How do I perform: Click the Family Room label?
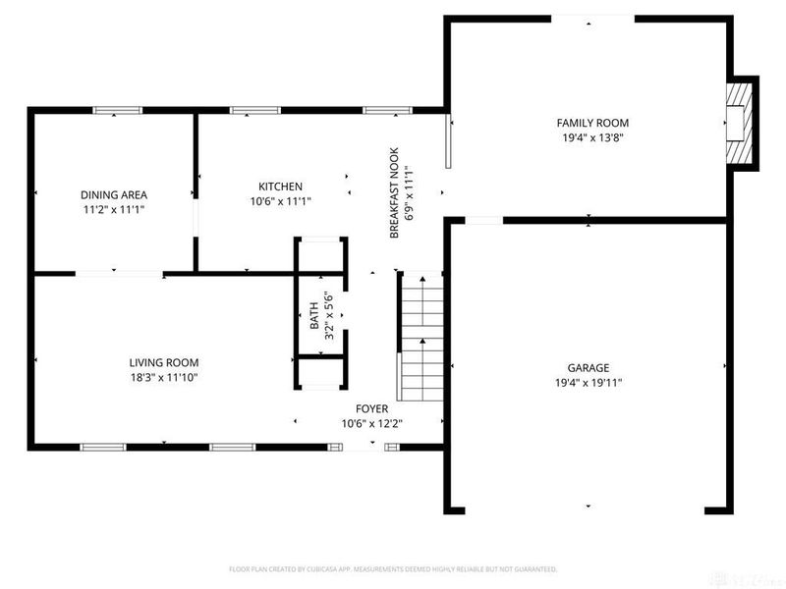592,123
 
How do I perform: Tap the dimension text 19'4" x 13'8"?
592,137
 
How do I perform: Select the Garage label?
588,367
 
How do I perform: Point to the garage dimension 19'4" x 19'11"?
588,383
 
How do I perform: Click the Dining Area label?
113,194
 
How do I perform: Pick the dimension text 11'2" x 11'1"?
113,209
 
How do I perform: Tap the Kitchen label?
280,187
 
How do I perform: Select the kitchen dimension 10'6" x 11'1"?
280,201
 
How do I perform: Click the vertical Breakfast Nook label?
395,193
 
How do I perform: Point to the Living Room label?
164,361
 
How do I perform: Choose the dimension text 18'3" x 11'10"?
164,377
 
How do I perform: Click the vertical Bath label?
314,314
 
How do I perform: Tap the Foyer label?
371,408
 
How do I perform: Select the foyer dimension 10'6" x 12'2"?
371,424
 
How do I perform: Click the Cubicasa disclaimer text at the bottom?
393,568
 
